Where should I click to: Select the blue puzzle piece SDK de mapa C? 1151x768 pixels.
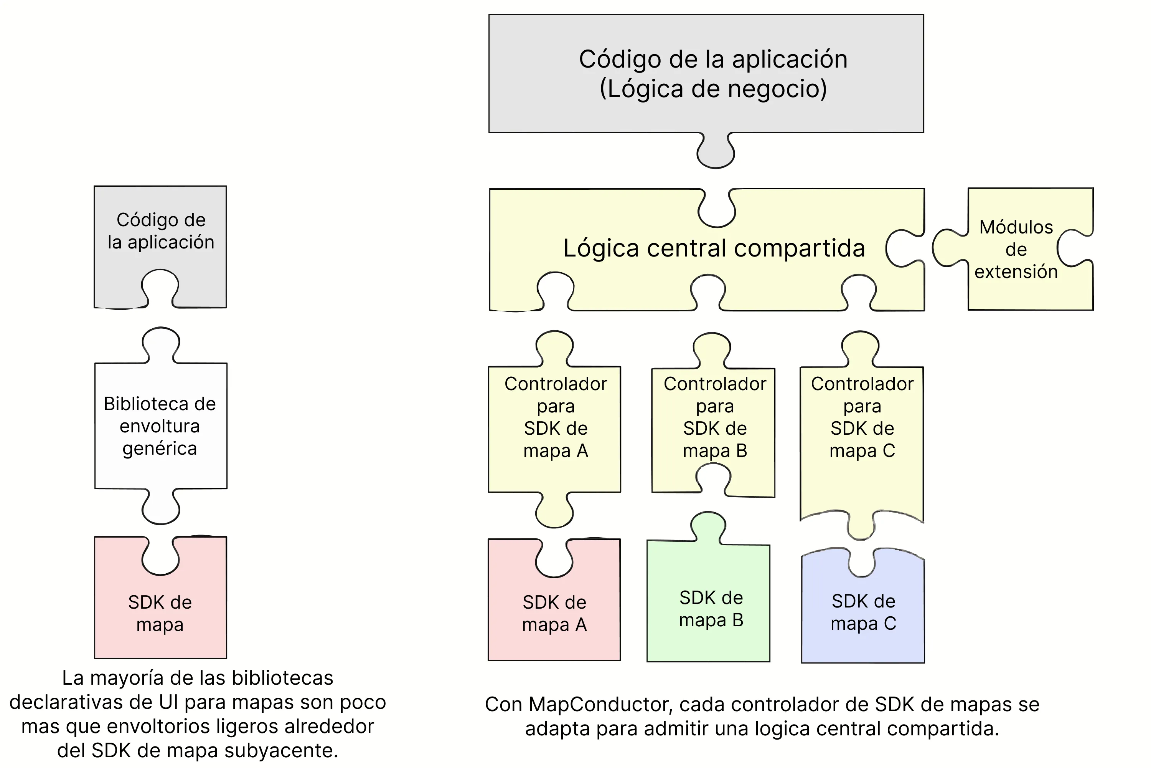[x=863, y=612]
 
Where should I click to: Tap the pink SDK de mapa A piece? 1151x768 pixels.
[x=554, y=613]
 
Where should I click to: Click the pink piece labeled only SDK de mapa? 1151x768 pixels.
[x=160, y=613]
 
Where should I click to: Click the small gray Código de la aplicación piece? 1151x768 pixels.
[x=160, y=231]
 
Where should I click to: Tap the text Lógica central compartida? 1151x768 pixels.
[x=714, y=248]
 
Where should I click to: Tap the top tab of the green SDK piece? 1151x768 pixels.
[x=708, y=526]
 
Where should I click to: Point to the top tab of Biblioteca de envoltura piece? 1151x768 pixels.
[x=160, y=343]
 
